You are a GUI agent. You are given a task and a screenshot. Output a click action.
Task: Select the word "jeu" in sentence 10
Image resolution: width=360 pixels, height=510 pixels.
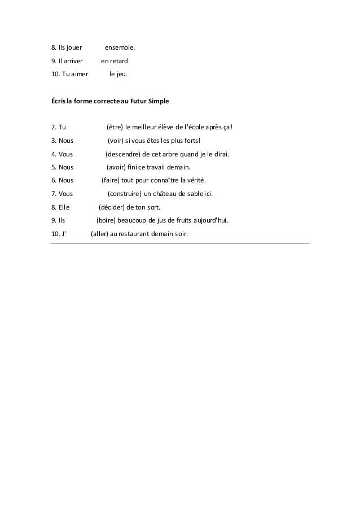121,73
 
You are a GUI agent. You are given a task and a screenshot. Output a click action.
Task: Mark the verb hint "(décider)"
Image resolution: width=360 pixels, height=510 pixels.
113,207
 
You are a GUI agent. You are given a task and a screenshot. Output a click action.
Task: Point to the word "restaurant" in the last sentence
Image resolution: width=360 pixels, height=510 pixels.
141,234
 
